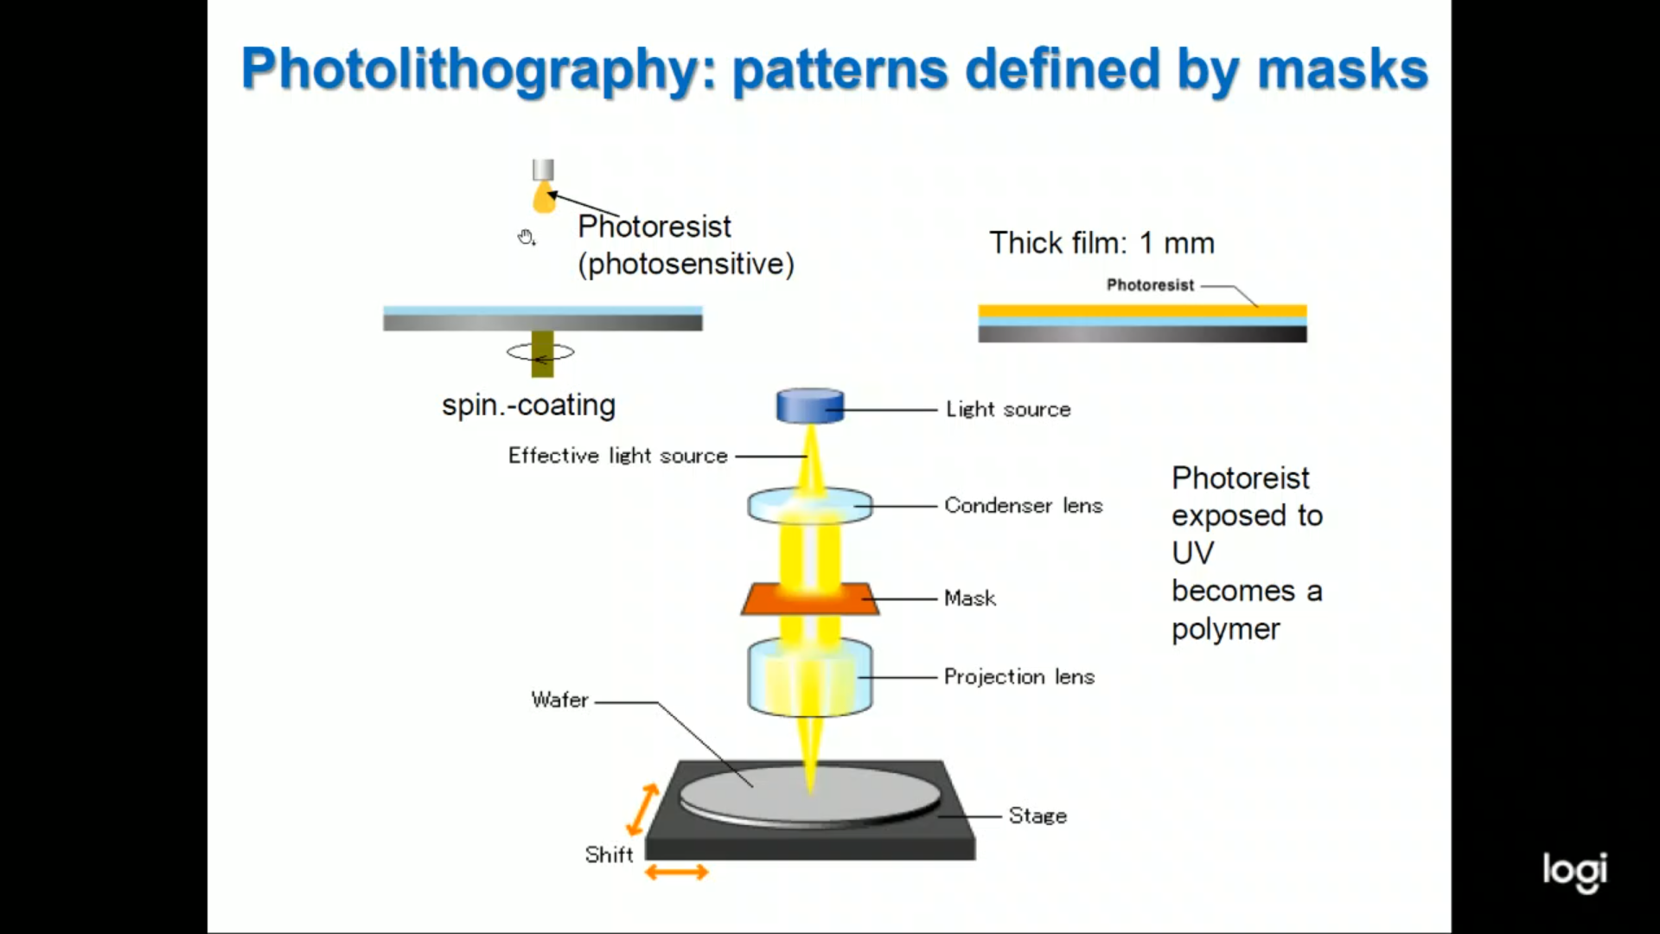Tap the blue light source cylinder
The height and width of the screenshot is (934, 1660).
click(810, 406)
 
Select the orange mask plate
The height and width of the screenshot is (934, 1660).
click(810, 598)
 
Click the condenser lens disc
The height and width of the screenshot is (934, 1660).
click(810, 505)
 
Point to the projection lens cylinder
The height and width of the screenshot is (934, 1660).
click(810, 677)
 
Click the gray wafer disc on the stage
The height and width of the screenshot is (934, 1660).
click(810, 794)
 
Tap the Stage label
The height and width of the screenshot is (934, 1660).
click(1037, 816)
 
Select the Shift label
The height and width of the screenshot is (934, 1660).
click(610, 854)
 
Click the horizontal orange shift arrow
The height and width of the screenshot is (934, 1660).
click(677, 873)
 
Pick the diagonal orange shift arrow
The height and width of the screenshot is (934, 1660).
click(642, 809)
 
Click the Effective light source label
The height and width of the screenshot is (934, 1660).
click(618, 456)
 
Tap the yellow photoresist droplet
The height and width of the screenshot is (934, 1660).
click(544, 196)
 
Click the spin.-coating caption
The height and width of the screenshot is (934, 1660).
click(529, 406)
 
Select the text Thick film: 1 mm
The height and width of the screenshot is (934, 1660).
click(1102, 243)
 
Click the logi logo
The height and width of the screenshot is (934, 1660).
click(1575, 872)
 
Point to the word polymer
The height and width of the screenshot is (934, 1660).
click(1226, 630)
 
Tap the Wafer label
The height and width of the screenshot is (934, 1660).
click(560, 700)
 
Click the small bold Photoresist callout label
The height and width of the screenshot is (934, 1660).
click(1151, 285)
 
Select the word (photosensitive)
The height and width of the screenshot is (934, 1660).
click(686, 264)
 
